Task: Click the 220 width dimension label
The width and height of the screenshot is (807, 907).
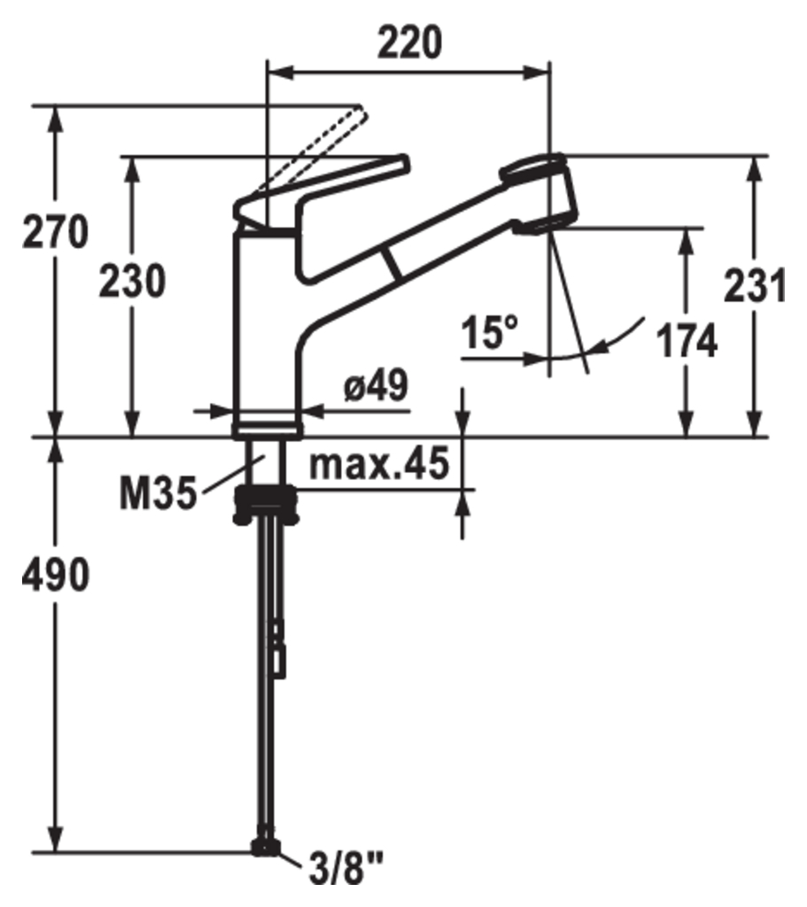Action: pos(409,42)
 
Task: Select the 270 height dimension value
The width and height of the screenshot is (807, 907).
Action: pos(56,233)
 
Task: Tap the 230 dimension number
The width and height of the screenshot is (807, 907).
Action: pos(131,283)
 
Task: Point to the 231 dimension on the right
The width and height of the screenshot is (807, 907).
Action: pos(755,286)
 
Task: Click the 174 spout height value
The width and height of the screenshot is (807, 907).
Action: pos(687,341)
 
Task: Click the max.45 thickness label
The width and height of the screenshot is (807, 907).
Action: pos(379,464)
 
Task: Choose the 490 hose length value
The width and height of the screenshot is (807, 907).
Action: pos(56,576)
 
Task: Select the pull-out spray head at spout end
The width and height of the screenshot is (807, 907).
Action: pos(540,195)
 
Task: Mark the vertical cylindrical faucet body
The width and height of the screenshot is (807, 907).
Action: pos(266,328)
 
